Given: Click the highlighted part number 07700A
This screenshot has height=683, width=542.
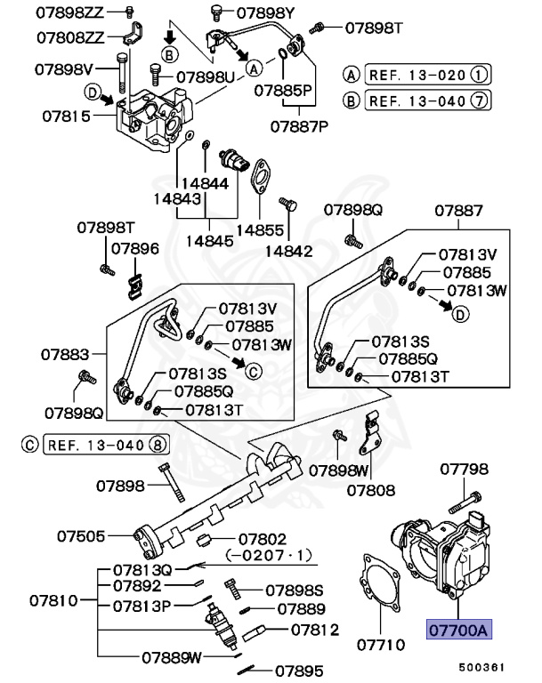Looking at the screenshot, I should (458, 631).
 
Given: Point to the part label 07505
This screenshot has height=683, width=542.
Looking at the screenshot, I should (82, 536).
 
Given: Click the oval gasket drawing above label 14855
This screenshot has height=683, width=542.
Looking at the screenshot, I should (260, 177).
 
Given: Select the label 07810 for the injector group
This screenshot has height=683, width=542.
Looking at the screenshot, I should (55, 601).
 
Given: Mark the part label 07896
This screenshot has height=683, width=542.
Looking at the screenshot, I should (134, 249).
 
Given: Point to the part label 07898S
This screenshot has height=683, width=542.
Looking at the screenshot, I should (294, 590).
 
